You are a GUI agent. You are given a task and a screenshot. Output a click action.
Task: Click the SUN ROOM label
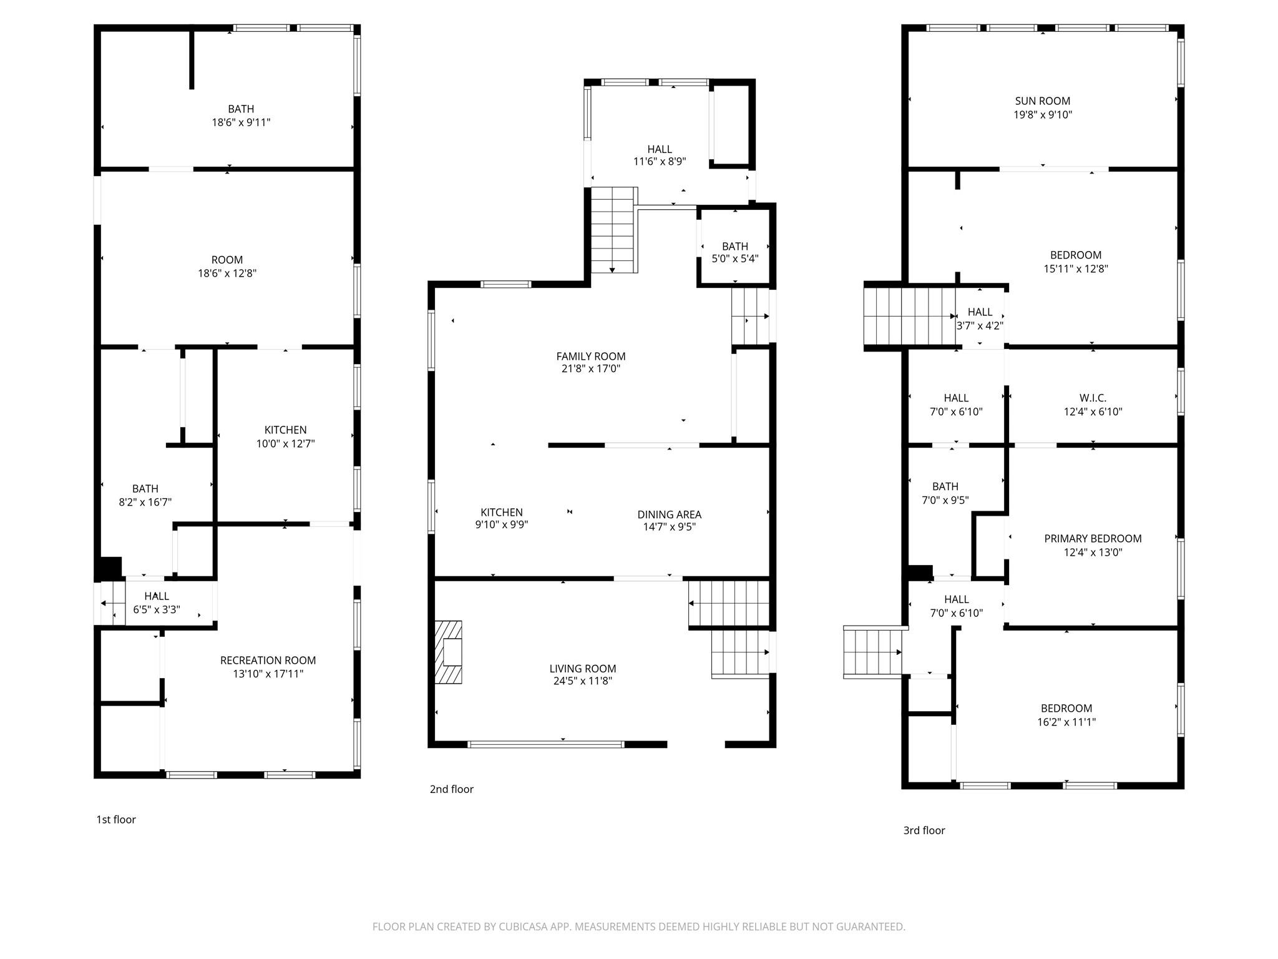click(1042, 101)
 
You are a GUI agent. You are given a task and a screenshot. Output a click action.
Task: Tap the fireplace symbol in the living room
click(448, 652)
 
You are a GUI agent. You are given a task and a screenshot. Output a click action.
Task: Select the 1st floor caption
click(115, 820)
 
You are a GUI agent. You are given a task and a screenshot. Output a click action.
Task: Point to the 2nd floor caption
click(451, 789)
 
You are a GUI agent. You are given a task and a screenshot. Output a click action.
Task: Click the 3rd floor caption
click(924, 830)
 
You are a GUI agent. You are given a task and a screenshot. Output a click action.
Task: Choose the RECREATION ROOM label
click(268, 661)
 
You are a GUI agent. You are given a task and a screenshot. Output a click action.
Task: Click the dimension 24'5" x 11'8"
click(582, 681)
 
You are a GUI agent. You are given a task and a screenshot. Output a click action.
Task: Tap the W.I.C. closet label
click(1093, 398)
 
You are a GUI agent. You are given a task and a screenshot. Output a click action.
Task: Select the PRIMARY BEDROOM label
click(1093, 539)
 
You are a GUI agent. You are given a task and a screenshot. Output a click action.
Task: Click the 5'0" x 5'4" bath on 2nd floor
click(735, 247)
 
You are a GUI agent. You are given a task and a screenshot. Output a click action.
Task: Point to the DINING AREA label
click(669, 514)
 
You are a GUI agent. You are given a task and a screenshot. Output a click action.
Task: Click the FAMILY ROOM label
click(590, 357)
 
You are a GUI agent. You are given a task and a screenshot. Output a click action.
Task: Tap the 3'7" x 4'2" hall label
click(980, 312)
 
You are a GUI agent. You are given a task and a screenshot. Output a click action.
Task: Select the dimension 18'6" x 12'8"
click(227, 273)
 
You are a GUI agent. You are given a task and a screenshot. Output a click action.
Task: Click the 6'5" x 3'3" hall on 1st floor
click(157, 596)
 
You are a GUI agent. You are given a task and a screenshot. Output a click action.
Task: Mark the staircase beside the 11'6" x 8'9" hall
click(614, 229)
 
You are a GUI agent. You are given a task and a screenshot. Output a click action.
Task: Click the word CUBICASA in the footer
click(523, 927)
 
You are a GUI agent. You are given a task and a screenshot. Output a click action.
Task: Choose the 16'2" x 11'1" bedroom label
click(1066, 709)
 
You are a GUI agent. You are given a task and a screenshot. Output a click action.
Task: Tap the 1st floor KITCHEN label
click(285, 430)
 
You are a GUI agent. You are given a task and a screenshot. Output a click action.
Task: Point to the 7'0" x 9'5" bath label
click(945, 487)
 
